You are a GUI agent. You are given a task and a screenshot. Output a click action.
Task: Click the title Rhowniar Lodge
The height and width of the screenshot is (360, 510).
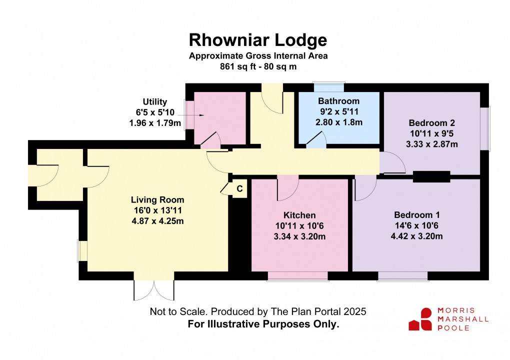tap(258, 39)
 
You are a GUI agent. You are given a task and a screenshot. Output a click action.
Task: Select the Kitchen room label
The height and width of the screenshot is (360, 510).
tap(299, 215)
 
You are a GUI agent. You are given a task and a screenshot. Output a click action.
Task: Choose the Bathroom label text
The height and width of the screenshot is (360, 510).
tap(338, 101)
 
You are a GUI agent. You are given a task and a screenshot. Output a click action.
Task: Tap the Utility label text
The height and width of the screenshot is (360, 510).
tap(154, 102)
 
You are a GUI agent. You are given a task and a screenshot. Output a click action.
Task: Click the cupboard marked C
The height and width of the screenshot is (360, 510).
tap(239, 189)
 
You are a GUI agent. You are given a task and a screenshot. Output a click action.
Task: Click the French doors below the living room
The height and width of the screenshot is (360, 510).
tap(154, 289)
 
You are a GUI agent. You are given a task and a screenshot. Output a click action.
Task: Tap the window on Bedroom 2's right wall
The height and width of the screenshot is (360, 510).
tap(487, 128)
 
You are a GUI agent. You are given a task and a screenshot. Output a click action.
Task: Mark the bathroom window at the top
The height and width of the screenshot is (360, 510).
tap(328, 85)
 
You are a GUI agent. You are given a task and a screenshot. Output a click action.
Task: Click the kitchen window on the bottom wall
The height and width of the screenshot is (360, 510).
tap(297, 275)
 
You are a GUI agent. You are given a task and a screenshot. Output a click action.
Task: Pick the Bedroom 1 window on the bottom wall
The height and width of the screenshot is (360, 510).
tap(403, 275)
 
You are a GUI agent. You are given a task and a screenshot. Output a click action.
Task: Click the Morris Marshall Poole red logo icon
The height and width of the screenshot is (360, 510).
tap(420, 319)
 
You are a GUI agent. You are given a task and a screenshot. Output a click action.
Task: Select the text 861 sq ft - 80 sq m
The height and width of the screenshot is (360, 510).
tap(258, 66)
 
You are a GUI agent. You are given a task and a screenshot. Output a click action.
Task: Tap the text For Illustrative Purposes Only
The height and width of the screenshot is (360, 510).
tap(263, 324)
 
